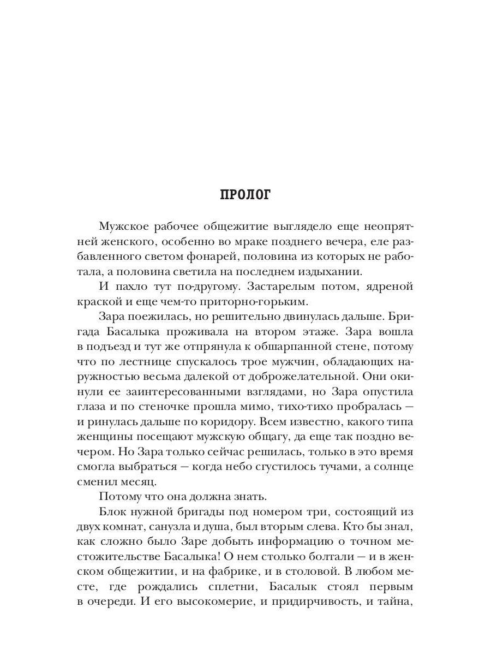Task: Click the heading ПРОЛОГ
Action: pos(245,195)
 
